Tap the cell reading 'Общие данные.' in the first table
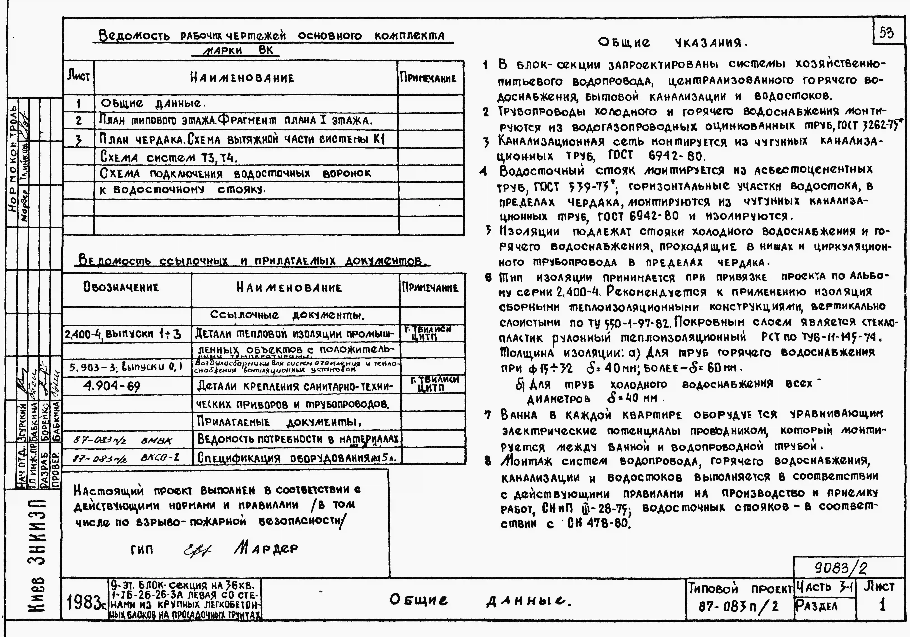(x=153, y=104)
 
